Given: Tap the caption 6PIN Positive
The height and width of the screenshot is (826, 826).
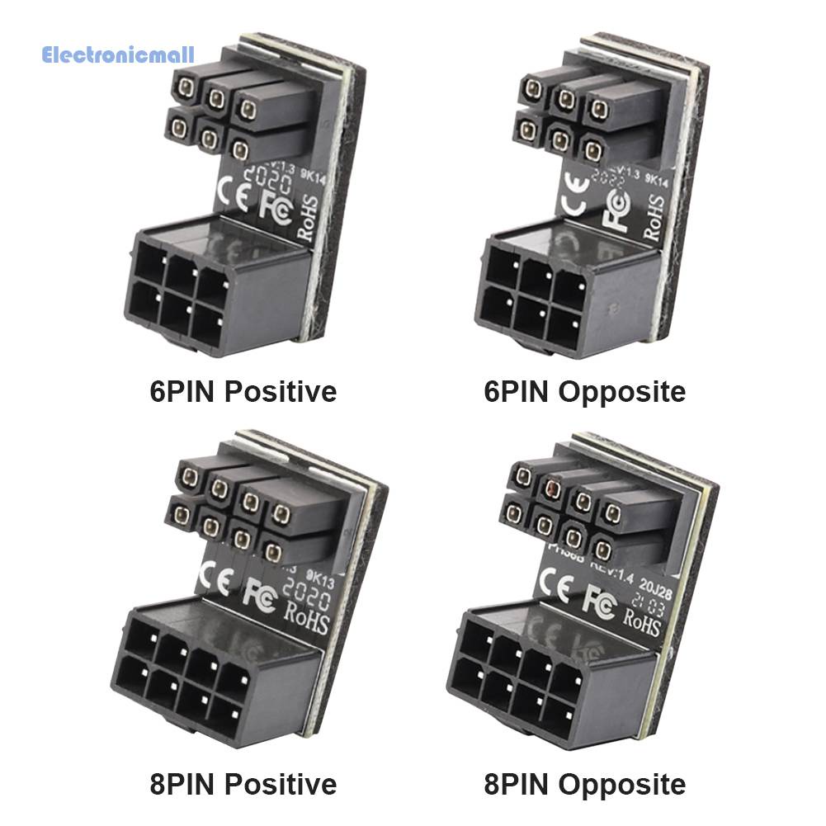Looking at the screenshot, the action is pyautogui.click(x=243, y=390).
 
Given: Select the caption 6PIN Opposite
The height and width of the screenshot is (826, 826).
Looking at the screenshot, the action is pyautogui.click(x=584, y=390).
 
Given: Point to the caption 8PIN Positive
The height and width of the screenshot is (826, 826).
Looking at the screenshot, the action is pyautogui.click(x=243, y=783).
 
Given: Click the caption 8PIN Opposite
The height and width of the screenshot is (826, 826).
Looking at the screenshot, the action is pyautogui.click(x=584, y=783).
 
